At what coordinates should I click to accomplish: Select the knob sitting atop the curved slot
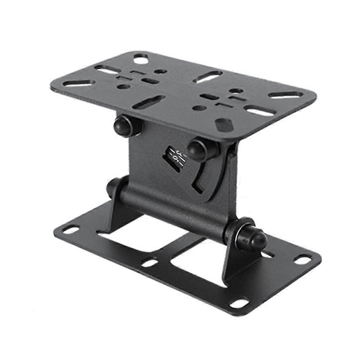[x=200, y=149]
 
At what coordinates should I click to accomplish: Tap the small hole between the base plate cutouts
[x=150, y=263]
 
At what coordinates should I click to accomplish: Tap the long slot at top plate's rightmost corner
[x=286, y=95]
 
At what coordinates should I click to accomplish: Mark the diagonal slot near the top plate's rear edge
[x=208, y=77]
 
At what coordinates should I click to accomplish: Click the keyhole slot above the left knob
[x=148, y=102]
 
